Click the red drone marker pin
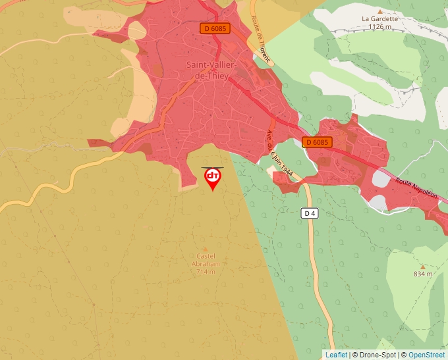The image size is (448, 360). pyautogui.click(x=213, y=178)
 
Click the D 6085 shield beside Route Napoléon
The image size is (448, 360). pyautogui.click(x=318, y=142)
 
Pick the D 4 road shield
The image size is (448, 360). pyautogui.click(x=310, y=213)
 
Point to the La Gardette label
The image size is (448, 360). pyautogui.click(x=379, y=19)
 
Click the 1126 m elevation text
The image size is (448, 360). pyautogui.click(x=380, y=27)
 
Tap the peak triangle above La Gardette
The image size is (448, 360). pyautogui.click(x=379, y=11)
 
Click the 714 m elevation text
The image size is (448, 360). pyautogui.click(x=206, y=271)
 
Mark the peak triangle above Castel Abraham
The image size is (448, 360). pyautogui.click(x=206, y=249)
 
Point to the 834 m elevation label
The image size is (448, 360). pyautogui.click(x=423, y=274)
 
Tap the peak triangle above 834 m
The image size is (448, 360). pyautogui.click(x=423, y=266)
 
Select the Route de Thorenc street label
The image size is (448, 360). pyautogui.click(x=262, y=39)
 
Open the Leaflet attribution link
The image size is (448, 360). pyautogui.click(x=336, y=355)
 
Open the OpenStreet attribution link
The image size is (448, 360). pyautogui.click(x=426, y=355)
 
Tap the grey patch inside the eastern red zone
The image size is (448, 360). pyautogui.click(x=381, y=178)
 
